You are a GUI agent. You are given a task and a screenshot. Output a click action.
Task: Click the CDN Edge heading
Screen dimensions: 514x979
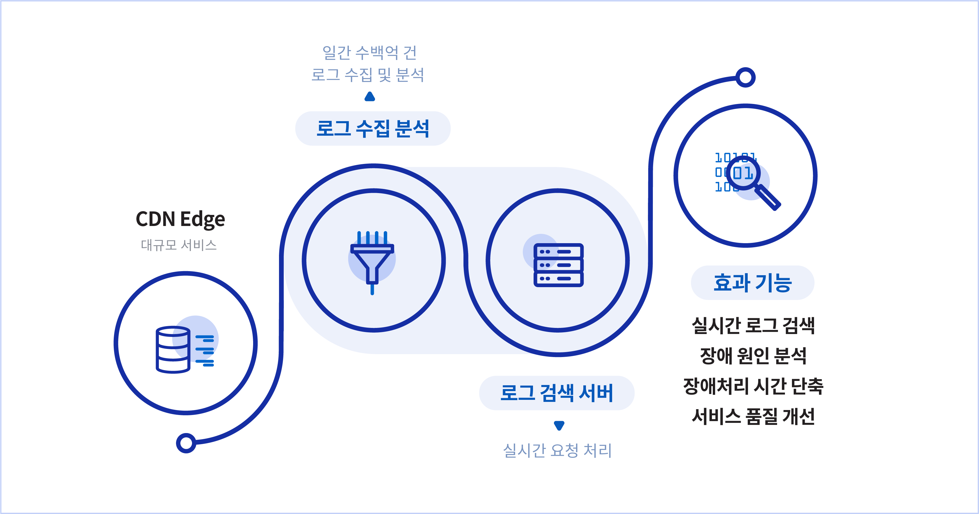pyautogui.click(x=180, y=220)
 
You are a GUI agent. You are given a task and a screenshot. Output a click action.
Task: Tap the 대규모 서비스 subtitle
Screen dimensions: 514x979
pyautogui.click(x=179, y=245)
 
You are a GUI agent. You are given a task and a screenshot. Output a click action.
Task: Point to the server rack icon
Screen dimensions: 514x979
pyautogui.click(x=558, y=264)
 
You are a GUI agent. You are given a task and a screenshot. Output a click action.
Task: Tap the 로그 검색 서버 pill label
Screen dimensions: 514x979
pyautogui.click(x=557, y=393)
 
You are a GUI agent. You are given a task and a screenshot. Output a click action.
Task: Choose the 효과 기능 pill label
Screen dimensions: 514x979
pyautogui.click(x=752, y=283)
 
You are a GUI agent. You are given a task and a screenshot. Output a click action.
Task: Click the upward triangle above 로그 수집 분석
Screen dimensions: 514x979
pyautogui.click(x=370, y=97)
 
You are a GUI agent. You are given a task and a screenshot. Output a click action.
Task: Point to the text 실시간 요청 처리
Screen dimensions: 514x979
pyautogui.click(x=557, y=451)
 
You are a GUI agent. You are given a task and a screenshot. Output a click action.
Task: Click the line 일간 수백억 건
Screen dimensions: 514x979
pyautogui.click(x=369, y=52)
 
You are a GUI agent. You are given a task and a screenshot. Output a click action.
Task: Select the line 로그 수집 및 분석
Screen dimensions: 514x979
pyautogui.click(x=368, y=75)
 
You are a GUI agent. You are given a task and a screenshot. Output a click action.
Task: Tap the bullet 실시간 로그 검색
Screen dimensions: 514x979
pyautogui.click(x=753, y=326)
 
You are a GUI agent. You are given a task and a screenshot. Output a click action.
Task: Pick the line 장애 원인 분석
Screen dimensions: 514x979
pyautogui.click(x=753, y=356)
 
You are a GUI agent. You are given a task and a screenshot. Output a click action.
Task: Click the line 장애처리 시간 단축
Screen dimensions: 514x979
pyautogui.click(x=753, y=386)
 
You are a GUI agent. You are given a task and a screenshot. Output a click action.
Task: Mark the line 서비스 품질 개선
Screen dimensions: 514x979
pyautogui.click(x=753, y=416)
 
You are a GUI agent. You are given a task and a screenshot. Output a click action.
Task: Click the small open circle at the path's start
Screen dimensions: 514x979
pyautogui.click(x=186, y=443)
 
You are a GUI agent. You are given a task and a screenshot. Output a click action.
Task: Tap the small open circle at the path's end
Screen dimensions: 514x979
pyautogui.click(x=746, y=77)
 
